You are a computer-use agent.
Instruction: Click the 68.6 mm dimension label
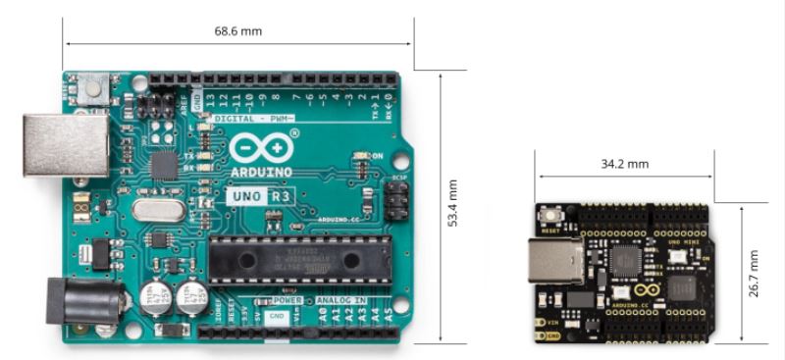[238, 31]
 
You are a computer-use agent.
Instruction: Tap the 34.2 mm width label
[625, 164]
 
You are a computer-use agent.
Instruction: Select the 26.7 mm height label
[754, 273]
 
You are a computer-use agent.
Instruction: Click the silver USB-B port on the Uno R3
[66, 145]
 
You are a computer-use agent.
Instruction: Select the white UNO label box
[246, 196]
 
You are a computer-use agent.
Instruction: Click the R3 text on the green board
[280, 196]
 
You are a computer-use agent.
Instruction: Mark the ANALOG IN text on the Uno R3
[340, 299]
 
